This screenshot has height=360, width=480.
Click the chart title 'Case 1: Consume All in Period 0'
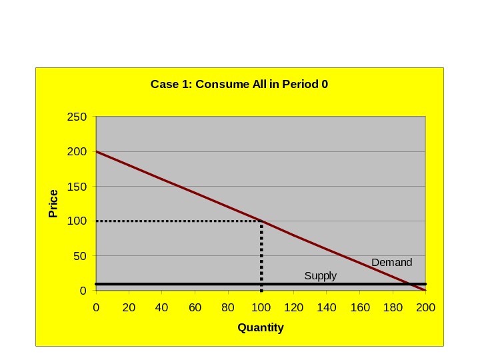pos(239,85)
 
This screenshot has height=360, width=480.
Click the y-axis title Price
pos(53,204)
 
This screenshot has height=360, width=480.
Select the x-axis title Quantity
pos(261,327)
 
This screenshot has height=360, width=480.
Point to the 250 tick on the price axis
pos(77,117)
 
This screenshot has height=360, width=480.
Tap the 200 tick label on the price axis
pos(77,152)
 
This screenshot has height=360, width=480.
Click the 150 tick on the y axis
pos(77,187)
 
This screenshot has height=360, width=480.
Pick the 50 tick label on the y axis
pos(80,256)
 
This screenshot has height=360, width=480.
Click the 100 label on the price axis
pos(77,221)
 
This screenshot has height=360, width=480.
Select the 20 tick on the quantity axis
pos(129,307)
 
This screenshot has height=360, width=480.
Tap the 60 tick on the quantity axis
pos(195,307)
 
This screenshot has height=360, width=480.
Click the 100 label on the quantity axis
pos(261,307)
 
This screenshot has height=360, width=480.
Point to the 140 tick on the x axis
pos(327,307)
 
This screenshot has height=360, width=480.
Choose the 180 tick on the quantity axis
pos(393,307)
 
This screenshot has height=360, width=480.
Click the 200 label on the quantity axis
pos(425,307)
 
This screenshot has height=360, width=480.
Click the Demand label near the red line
pos(392,263)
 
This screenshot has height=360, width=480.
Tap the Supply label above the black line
pos(321,276)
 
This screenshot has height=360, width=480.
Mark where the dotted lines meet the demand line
pos(261,221)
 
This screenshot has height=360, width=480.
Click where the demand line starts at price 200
pos(97,152)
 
